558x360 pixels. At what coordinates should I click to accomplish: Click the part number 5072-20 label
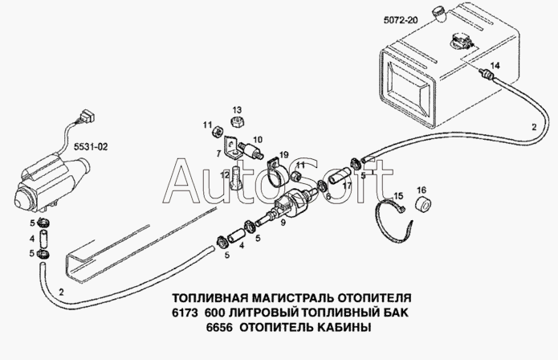coord(400,20)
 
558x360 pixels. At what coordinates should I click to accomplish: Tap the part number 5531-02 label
coord(91,146)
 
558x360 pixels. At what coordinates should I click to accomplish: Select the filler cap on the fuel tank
coord(438,14)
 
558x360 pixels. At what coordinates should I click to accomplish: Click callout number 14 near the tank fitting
coord(495,66)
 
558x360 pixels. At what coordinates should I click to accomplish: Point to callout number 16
coord(422,190)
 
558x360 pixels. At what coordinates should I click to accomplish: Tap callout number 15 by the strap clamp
coord(398,196)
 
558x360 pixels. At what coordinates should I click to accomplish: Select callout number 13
coord(237,109)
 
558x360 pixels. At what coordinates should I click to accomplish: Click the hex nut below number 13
coord(237,122)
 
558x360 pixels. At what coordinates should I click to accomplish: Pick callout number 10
coord(258,139)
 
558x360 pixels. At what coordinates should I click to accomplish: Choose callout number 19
coord(284,154)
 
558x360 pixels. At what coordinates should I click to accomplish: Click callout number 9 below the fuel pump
coord(283,223)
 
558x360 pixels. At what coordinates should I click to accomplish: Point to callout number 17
coord(347,185)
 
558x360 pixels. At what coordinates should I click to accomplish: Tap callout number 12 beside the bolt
coord(225,175)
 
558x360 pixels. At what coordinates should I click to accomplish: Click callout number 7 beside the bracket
coord(218,153)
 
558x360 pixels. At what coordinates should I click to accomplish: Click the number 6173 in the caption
coord(185,313)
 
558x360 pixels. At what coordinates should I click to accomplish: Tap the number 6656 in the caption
coord(219,327)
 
